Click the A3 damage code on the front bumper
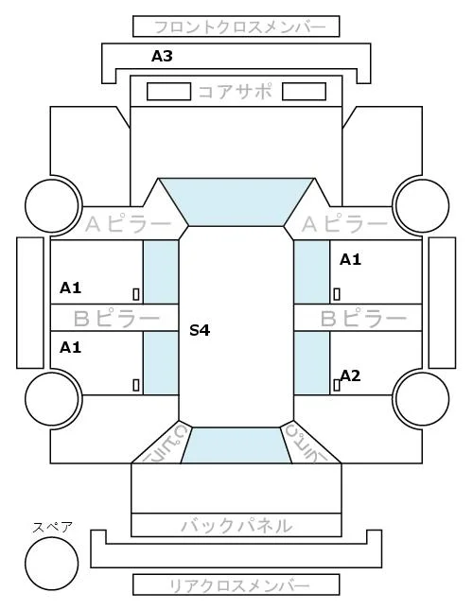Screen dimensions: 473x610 [162, 57]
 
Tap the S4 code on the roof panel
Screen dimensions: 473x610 [200, 330]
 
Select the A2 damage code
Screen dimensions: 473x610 [350, 375]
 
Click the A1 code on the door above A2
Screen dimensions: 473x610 [350, 259]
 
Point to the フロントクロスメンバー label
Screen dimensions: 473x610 [239, 27]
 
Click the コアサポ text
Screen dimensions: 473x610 [236, 92]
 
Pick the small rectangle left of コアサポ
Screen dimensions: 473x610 [168, 92]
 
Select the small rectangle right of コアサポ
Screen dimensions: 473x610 [304, 92]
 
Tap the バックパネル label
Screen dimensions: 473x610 [236, 526]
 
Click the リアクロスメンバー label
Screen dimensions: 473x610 [239, 585]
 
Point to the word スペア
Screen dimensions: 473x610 [53, 528]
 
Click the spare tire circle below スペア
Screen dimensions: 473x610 [52, 564]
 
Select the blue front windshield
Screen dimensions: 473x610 [236, 201]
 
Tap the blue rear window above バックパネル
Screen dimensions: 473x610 [236, 445]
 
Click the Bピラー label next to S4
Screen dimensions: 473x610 [116, 318]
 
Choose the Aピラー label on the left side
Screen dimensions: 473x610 [128, 224]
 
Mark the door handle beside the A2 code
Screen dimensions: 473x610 [337, 385]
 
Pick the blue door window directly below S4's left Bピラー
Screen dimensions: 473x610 [161, 363]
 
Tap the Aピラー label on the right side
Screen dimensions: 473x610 [344, 224]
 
